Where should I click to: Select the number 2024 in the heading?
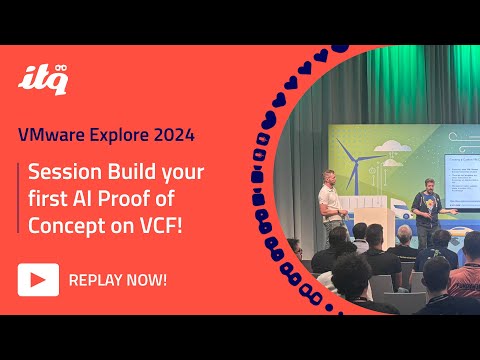pyautogui.click(x=170, y=132)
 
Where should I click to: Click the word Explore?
pyautogui.click(x=117, y=132)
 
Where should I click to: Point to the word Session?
pyautogui.click(x=67, y=172)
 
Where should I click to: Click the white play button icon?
pyautogui.click(x=38, y=279)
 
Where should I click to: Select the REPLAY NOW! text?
pyautogui.click(x=117, y=279)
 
